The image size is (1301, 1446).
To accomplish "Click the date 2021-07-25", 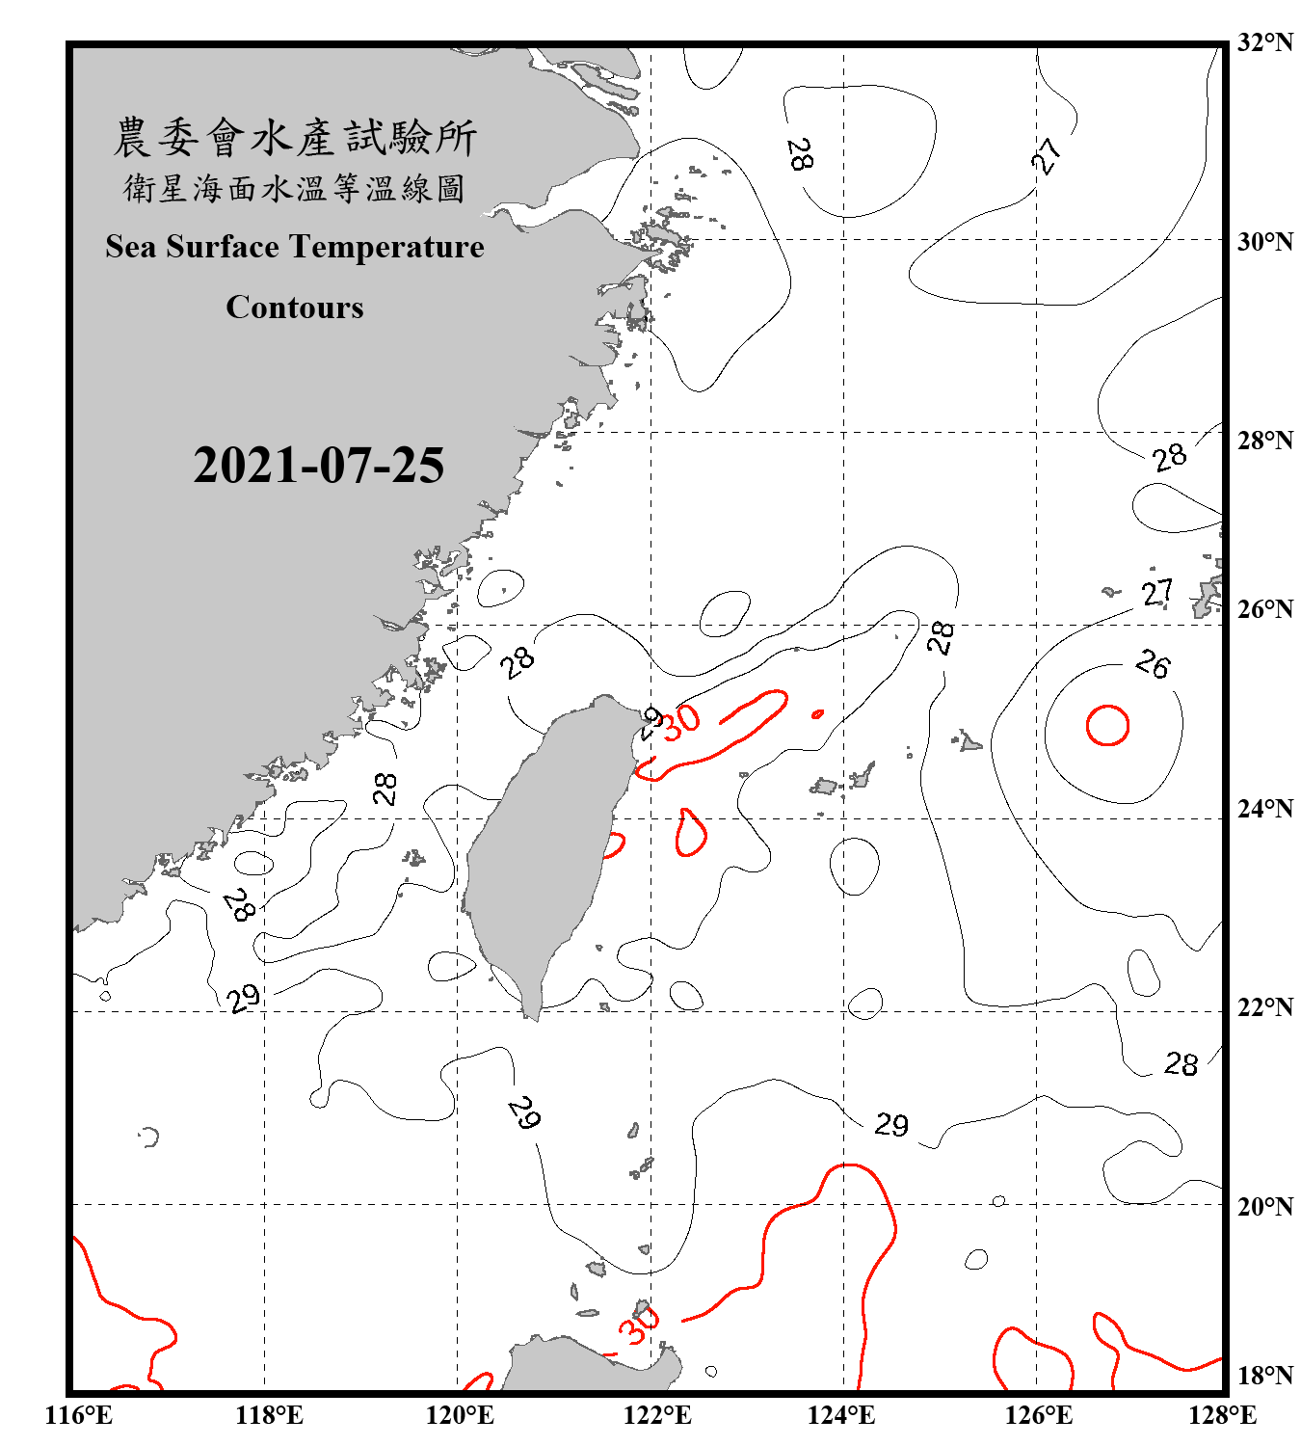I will pos(318,466).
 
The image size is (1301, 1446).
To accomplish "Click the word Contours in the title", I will pos(295,308).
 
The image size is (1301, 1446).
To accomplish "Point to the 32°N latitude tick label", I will pos(1264,42).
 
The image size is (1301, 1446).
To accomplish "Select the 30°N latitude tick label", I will pos(1264,241).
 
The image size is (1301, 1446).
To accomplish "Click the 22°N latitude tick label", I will pos(1264,1007).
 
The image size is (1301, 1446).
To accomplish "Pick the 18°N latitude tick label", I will pos(1264,1375).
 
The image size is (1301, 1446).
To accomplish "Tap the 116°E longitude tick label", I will pos(79,1415).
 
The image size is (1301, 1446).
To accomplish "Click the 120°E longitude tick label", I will pos(460,1415).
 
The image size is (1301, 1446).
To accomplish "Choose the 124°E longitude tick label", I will pos(841,1415).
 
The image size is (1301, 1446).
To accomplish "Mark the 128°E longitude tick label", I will pos(1222,1415).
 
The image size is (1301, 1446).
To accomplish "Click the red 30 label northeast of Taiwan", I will pos(681,720).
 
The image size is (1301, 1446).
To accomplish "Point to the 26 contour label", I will pos(1153,663).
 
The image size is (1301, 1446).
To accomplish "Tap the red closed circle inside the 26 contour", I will pos(1107,726).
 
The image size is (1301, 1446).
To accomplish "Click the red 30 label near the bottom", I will pos(639,1327).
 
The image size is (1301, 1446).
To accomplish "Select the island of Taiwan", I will pos(544,848).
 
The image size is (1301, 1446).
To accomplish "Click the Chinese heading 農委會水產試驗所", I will pos(295,138).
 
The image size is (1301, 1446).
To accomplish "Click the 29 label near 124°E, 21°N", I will pos(891,1125).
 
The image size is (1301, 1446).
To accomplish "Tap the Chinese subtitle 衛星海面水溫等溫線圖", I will pos(295,188).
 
